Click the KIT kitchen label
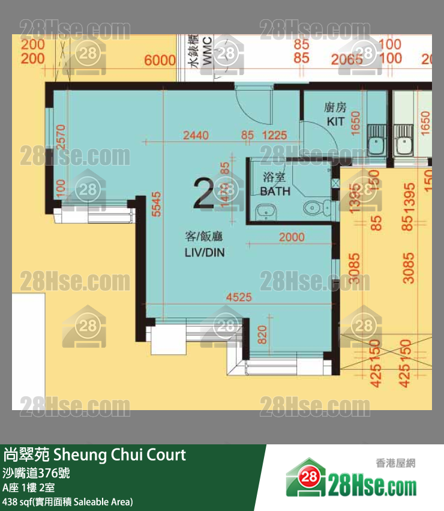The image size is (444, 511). [x=335, y=121]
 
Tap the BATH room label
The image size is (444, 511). [x=275, y=191]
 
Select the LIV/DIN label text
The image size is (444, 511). [x=204, y=252]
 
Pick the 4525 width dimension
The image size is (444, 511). [x=238, y=297]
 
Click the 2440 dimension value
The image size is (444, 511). [x=196, y=136]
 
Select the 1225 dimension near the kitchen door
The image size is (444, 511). [x=274, y=136]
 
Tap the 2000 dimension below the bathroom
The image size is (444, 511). [x=292, y=237]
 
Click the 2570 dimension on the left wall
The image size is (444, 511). [x=59, y=137]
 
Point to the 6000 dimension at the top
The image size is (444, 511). [x=160, y=60]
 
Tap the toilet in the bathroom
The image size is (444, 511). [x=317, y=208]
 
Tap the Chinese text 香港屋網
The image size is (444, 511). [x=395, y=462]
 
